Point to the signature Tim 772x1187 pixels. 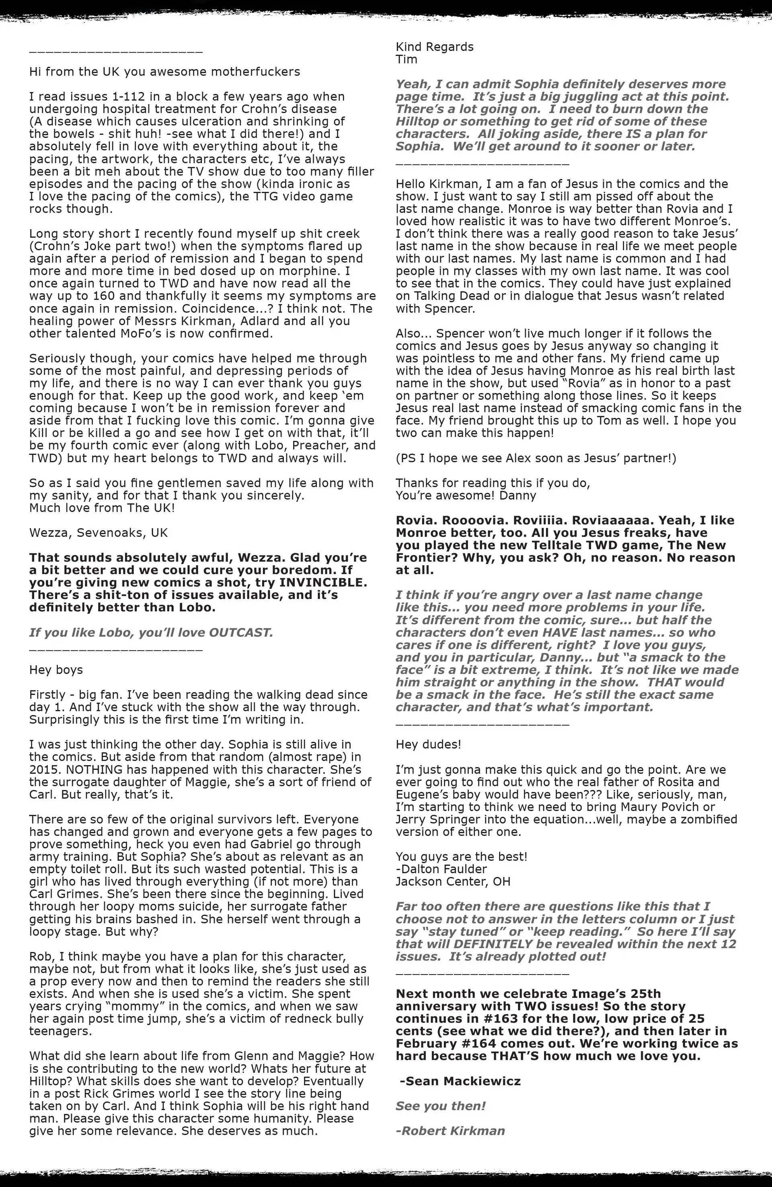click(x=407, y=60)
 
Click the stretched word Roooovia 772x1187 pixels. click(x=471, y=520)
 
